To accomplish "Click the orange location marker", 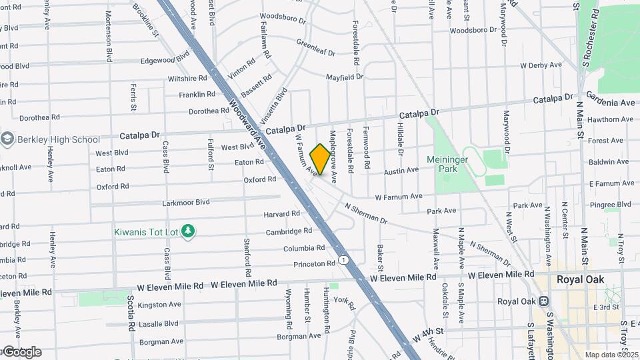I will [320, 159].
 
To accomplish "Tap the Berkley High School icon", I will [8, 139].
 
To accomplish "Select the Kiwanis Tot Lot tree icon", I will [189, 231].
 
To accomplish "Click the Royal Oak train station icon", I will [506, 301].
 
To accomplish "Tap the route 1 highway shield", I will [343, 259].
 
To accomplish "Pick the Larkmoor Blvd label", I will [185, 202].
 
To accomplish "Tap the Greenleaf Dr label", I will [315, 47].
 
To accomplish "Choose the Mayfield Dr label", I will [344, 77].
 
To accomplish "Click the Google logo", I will [21, 351].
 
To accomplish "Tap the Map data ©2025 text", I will [611, 355].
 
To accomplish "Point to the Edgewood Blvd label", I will [165, 60].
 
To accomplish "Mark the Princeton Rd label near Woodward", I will [314, 264].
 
